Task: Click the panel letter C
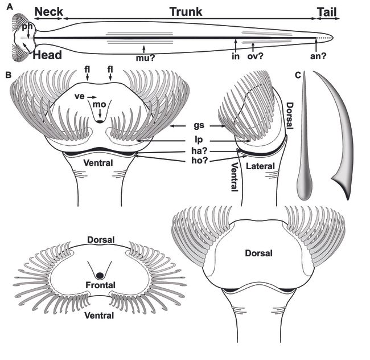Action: (x=298, y=74)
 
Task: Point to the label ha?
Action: (x=199, y=149)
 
